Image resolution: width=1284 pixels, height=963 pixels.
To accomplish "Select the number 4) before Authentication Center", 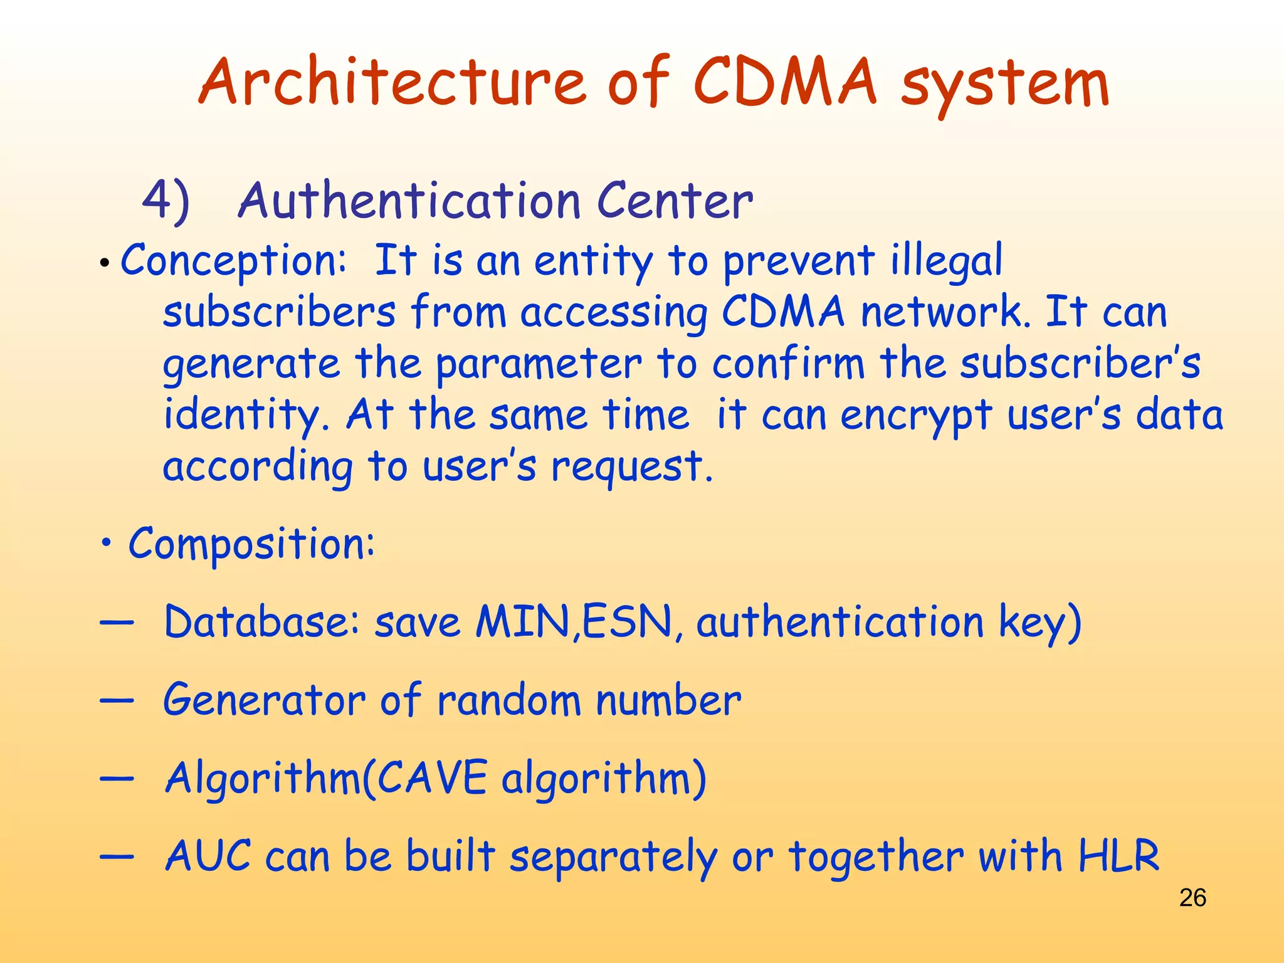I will [166, 202].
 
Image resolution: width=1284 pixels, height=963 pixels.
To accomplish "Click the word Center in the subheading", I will [675, 202].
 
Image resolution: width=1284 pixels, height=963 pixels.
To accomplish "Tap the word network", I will [944, 312].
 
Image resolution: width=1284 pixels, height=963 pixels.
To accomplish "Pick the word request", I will [631, 468].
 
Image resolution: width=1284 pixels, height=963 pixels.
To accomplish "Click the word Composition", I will [251, 544].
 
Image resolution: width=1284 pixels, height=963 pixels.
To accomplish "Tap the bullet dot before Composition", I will [107, 543].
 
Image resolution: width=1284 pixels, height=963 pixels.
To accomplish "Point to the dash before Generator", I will [117, 700].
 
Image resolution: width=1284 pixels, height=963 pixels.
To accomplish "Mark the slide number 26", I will [1192, 898].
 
